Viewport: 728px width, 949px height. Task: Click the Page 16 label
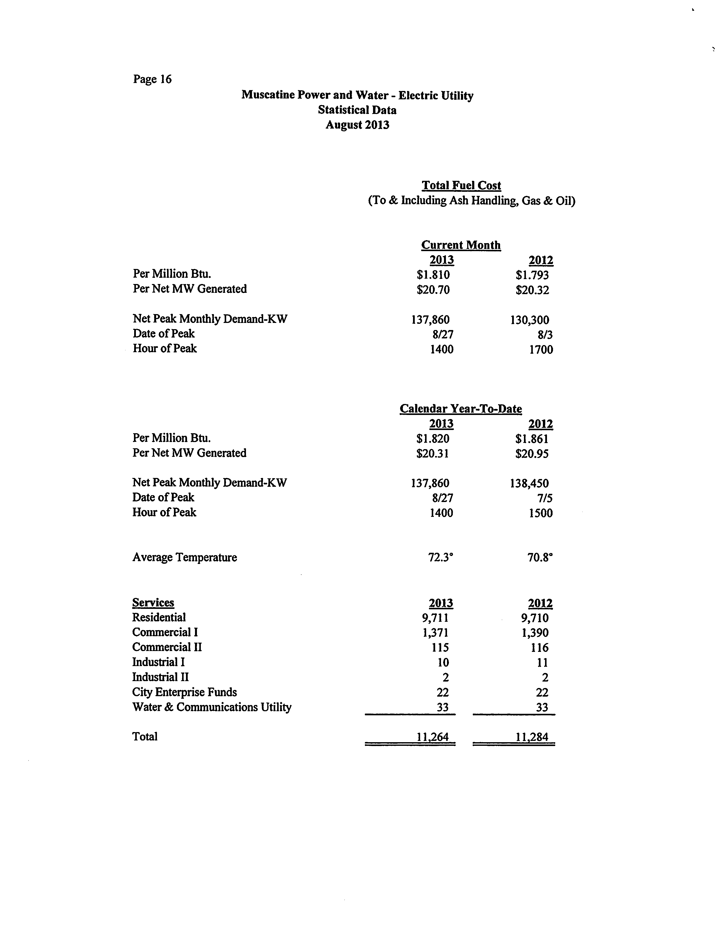(x=152, y=79)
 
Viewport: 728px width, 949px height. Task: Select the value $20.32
(x=532, y=290)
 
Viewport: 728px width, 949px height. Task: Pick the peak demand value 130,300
(x=530, y=320)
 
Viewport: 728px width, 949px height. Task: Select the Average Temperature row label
(x=185, y=557)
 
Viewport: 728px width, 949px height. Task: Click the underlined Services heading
(x=153, y=603)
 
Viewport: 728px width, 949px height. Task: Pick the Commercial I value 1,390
(x=535, y=633)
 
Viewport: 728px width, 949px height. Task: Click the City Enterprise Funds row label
(x=185, y=692)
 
